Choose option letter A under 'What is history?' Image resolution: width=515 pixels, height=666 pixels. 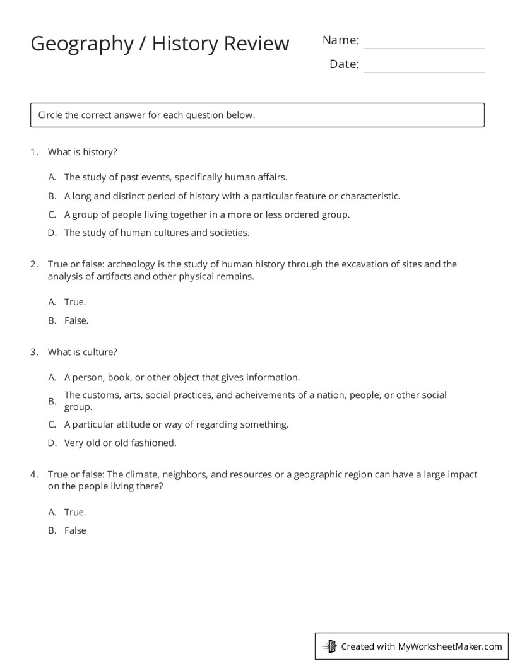click(x=52, y=178)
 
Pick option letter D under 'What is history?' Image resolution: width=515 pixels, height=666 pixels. click(x=52, y=233)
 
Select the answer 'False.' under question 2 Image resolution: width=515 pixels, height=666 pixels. click(x=76, y=320)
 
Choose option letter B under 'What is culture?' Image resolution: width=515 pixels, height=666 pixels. click(x=52, y=401)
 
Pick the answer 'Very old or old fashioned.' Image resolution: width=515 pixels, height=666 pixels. click(x=120, y=443)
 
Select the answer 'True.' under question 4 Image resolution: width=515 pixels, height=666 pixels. click(x=75, y=512)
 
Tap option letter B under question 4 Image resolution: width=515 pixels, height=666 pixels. click(x=52, y=530)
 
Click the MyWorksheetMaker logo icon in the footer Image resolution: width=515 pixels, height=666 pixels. click(x=330, y=646)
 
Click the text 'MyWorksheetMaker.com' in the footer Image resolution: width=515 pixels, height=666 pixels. click(x=450, y=646)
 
